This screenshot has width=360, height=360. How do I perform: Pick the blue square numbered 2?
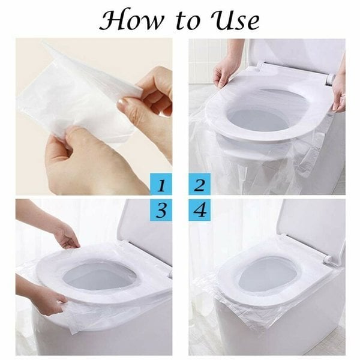click(199, 184)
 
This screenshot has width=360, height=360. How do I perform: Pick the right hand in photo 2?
click(339, 90)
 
